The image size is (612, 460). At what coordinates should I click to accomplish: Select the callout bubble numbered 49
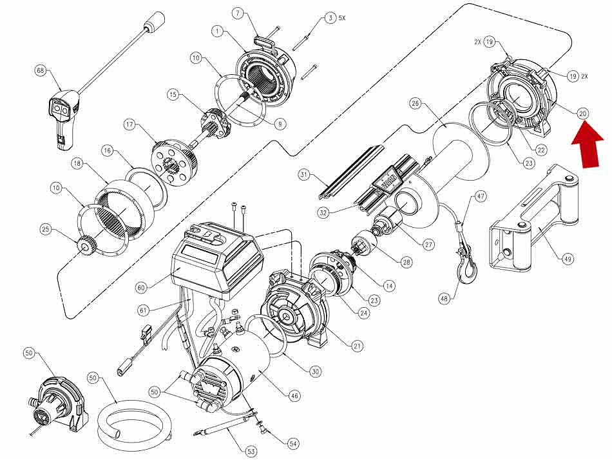(567, 259)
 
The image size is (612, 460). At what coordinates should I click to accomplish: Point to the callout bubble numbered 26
(414, 103)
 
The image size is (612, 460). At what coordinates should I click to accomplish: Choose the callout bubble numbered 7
(238, 13)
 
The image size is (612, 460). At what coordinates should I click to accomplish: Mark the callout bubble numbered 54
(293, 443)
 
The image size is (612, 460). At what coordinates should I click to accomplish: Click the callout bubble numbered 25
(45, 229)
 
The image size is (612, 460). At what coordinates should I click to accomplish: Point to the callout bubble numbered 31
(305, 174)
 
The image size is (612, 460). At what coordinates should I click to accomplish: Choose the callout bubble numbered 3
(330, 19)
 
